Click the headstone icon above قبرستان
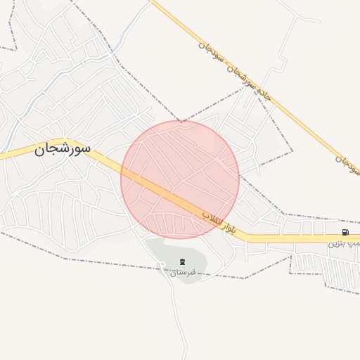coord(173,262)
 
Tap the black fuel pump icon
coord(345,232)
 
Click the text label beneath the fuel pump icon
coord(344,245)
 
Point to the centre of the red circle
coord(180,179)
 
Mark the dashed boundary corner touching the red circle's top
coord(181,122)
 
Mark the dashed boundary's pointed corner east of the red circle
coord(291,150)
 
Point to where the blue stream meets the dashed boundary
coord(108,53)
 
